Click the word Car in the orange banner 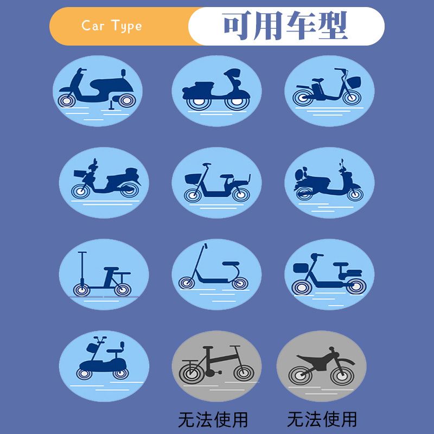[x=93, y=25]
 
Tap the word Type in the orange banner [x=127, y=26]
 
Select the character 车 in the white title [x=301, y=25]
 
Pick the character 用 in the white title [x=268, y=25]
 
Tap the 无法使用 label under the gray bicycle [x=213, y=419]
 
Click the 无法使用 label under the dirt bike [x=322, y=419]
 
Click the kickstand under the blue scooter [x=112, y=105]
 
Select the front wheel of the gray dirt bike [x=342, y=375]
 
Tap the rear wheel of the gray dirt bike [x=300, y=375]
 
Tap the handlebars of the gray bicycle [x=235, y=347]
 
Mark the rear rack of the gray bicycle [x=190, y=361]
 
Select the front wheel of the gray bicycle [x=244, y=373]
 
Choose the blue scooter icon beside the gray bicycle [x=104, y=366]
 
